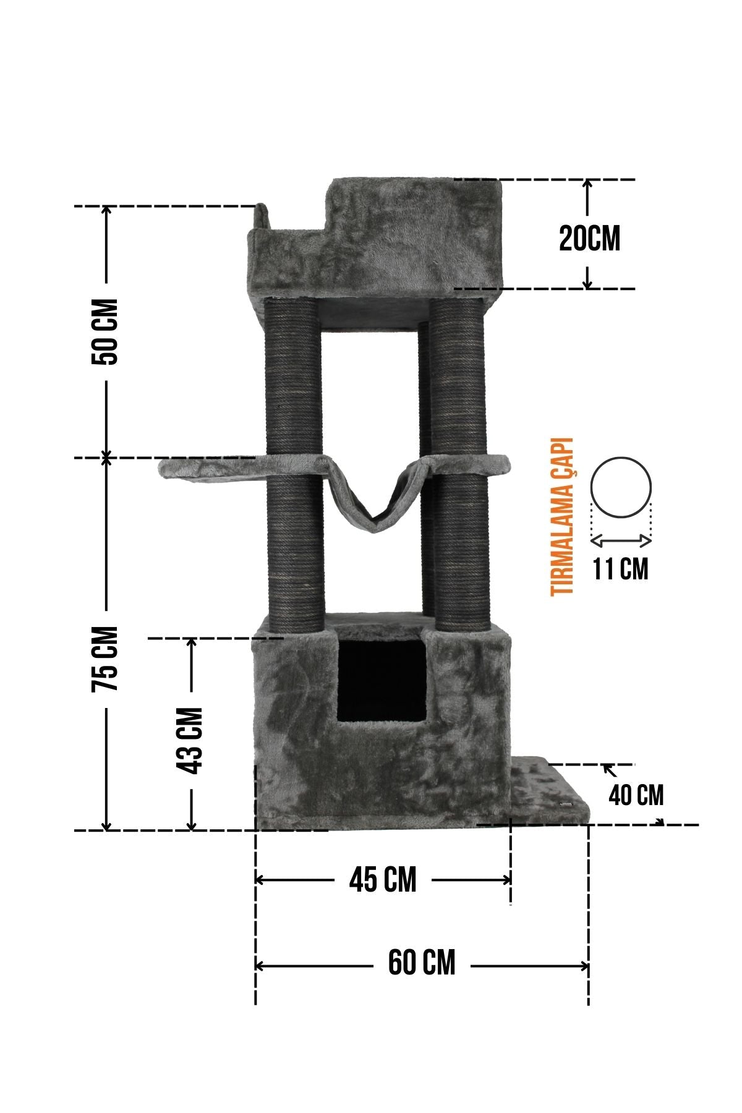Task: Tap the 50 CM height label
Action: point(104,332)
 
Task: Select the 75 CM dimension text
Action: point(104,659)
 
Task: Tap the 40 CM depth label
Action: point(636,795)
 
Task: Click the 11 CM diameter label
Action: point(621,569)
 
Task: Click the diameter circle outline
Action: point(621,458)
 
